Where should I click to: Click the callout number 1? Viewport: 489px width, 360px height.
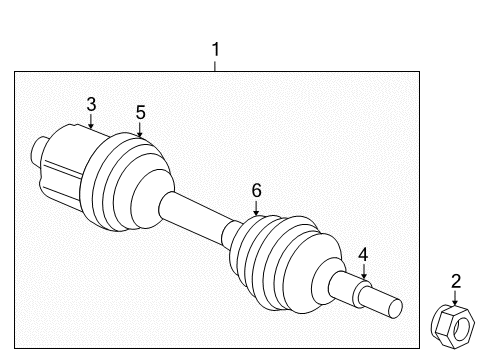215,48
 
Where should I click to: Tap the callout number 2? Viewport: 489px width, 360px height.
455,281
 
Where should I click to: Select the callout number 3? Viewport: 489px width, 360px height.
91,104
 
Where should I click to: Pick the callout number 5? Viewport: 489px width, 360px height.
140,112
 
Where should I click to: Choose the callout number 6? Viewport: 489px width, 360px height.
256,190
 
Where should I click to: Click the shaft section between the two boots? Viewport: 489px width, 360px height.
200,214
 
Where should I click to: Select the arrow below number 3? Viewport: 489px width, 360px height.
91,123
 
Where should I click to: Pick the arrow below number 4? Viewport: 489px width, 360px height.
364,271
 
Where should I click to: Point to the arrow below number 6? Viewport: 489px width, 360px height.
256,208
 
